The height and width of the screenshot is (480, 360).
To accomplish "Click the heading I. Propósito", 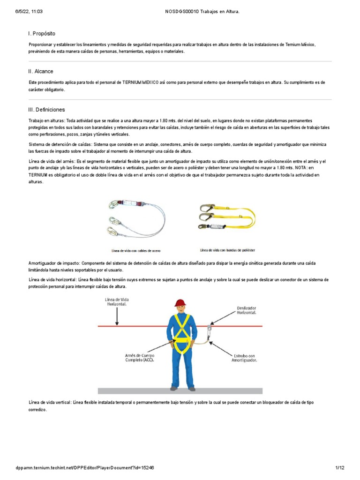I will click(42, 34).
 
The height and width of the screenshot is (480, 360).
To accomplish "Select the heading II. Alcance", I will click(41, 71).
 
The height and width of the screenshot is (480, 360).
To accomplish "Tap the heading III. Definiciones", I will click(47, 109).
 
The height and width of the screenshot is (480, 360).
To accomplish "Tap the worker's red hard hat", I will click(180, 303).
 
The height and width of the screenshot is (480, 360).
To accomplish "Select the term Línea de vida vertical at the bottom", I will click(49, 402).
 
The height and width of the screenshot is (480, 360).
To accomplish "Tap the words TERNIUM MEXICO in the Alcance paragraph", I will click(141, 82).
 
